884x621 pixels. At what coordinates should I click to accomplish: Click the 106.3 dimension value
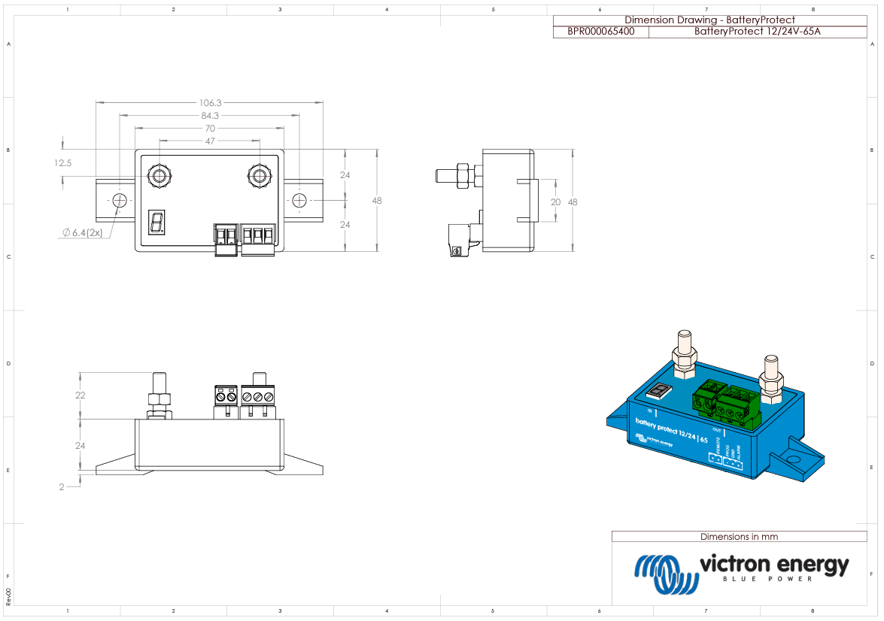[210, 102]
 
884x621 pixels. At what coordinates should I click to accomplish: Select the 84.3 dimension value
[210, 116]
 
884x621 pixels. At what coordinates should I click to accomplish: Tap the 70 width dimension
[210, 129]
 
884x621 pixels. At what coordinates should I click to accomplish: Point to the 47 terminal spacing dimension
[210, 141]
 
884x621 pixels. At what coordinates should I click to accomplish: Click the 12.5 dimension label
[62, 162]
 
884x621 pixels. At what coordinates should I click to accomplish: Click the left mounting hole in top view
[120, 200]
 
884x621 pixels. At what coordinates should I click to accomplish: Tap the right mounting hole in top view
[299, 200]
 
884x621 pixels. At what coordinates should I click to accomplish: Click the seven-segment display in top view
[157, 222]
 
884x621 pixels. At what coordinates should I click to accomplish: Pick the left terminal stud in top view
[159, 177]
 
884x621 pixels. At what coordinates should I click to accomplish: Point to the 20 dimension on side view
[556, 201]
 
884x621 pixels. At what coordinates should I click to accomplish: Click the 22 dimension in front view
[80, 395]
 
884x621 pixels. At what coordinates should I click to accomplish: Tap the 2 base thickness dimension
[62, 487]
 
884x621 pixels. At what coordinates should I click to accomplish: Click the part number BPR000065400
[600, 32]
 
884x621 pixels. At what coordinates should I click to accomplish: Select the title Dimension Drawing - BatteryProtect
[709, 20]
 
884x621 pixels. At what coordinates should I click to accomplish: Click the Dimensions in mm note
[739, 537]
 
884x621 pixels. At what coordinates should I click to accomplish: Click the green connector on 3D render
[726, 404]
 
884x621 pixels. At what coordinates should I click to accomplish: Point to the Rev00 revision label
[9, 597]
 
